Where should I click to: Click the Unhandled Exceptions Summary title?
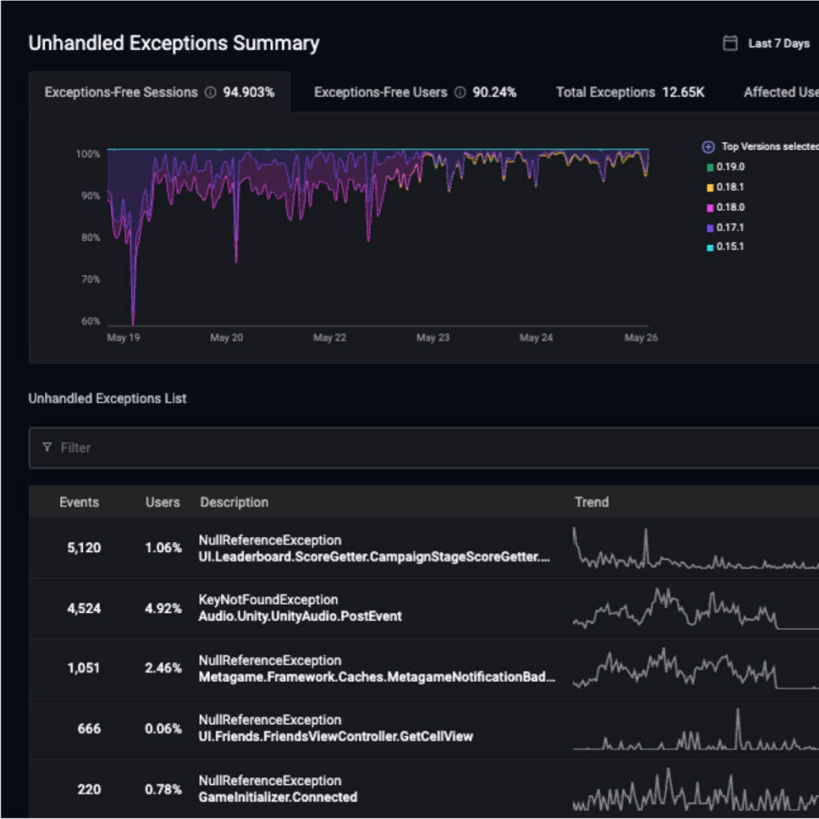click(x=173, y=43)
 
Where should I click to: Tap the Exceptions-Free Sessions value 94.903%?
click(x=248, y=92)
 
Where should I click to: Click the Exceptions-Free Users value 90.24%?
click(x=494, y=92)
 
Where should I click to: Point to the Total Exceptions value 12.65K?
click(x=683, y=92)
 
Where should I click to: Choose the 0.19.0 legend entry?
click(x=730, y=167)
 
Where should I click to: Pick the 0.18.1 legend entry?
click(x=730, y=187)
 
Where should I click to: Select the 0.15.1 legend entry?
click(x=730, y=246)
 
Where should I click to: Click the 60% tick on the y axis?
click(x=90, y=321)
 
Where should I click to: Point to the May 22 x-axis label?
click(x=329, y=338)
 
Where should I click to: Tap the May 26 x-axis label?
click(x=641, y=338)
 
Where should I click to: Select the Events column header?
click(x=79, y=502)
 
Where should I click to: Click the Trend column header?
click(x=591, y=502)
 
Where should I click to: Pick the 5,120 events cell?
click(x=84, y=548)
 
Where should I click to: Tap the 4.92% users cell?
click(x=163, y=608)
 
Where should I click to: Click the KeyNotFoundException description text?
click(x=268, y=600)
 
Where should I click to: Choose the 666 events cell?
click(x=89, y=729)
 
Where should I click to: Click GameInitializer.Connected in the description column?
click(x=278, y=797)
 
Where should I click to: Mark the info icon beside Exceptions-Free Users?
click(x=460, y=92)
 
